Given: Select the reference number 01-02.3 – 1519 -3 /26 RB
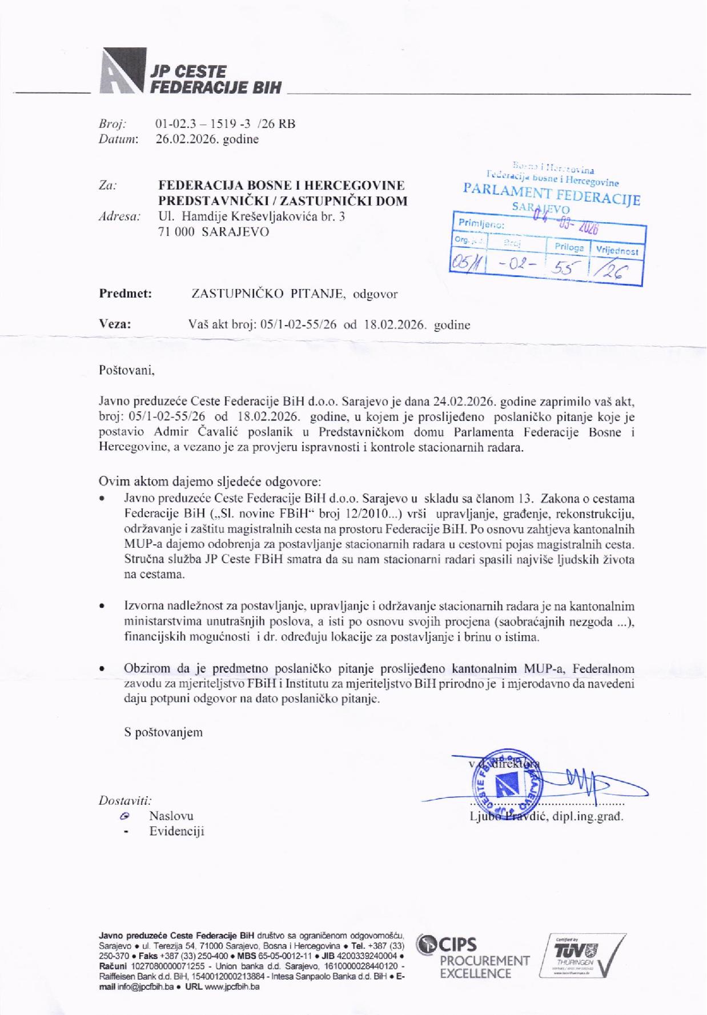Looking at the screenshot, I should coord(225,124).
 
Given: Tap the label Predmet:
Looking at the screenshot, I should coord(126,294).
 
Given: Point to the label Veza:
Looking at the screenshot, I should coord(115,324).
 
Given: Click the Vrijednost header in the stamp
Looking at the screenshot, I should coord(617,250).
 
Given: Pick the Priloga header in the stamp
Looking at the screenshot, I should coord(568,247).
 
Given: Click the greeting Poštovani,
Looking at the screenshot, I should coord(127,370).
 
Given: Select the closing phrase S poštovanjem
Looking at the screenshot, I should coord(163,732).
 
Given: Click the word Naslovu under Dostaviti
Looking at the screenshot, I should coord(171,816).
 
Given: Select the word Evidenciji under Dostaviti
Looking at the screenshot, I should coord(177,832).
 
